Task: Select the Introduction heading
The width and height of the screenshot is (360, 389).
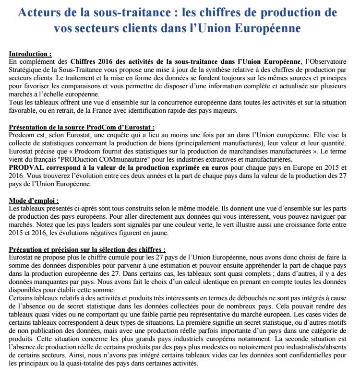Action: tap(30, 55)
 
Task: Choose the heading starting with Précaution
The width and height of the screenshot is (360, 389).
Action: tap(87, 250)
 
